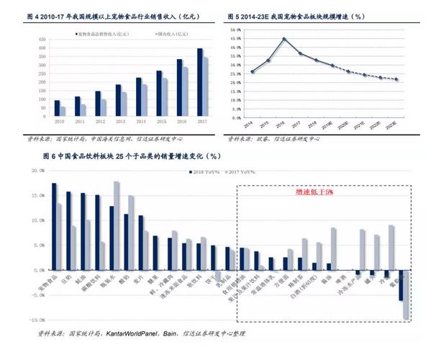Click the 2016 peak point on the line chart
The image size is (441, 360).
click(x=283, y=39)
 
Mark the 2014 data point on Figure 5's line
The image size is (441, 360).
click(x=253, y=71)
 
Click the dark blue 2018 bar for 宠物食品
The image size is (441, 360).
click(x=53, y=227)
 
